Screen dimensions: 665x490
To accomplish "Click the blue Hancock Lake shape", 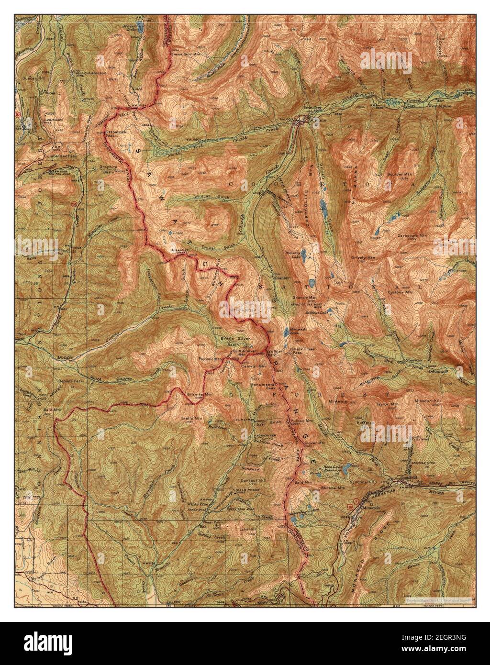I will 286,332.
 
